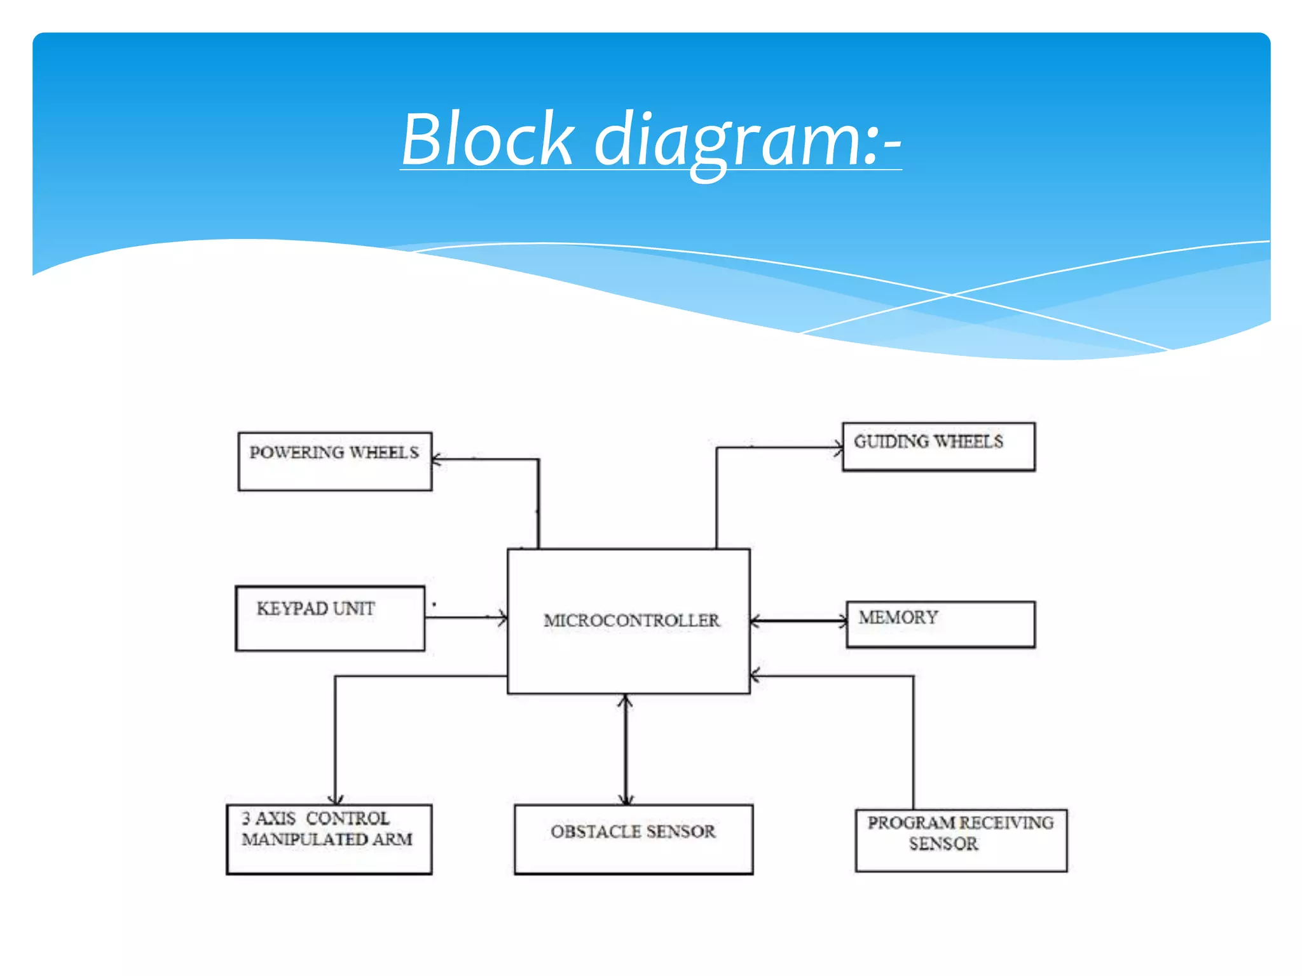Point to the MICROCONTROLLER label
pos(631,621)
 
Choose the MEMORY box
pos(940,625)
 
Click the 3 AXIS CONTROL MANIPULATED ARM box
pos(329,839)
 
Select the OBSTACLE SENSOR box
pos(633,839)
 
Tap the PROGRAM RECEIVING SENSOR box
pos(961,840)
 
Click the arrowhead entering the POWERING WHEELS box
pos(437,459)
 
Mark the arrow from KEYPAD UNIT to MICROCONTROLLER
pos(467,618)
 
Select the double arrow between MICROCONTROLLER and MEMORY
pos(798,621)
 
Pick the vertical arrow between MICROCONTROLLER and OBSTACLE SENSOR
pos(626,750)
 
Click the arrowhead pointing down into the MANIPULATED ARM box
pos(336,799)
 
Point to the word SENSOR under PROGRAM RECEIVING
pos(943,844)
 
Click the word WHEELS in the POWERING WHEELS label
pos(384,453)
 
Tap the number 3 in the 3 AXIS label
pos(246,818)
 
